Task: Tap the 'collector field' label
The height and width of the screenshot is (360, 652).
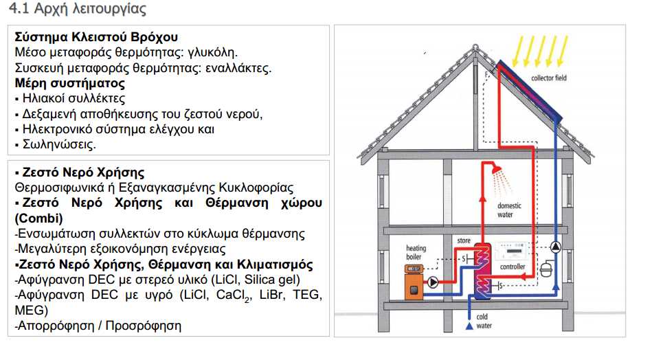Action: point(548,78)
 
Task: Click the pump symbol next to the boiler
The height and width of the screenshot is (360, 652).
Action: point(433,282)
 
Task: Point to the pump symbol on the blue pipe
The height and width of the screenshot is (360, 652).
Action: point(556,247)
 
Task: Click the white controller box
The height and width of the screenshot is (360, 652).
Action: point(511,252)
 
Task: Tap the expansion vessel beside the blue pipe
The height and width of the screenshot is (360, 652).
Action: point(546,269)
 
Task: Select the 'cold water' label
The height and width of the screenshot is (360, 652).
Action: point(484,321)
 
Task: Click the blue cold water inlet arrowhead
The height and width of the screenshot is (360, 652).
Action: point(469,326)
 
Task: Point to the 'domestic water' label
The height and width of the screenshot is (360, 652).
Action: point(509,210)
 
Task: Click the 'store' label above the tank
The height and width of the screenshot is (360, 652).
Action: point(464,240)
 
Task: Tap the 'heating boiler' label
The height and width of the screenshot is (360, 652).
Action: point(416,252)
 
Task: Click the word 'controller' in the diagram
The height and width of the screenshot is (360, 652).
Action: point(513,267)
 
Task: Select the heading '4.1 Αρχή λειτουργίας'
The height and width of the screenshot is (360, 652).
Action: point(78,8)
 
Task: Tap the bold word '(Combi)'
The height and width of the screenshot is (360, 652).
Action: point(38,218)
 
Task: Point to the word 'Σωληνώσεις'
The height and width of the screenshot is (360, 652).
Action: point(59,144)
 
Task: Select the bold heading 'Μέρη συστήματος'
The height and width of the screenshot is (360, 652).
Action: point(70,83)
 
